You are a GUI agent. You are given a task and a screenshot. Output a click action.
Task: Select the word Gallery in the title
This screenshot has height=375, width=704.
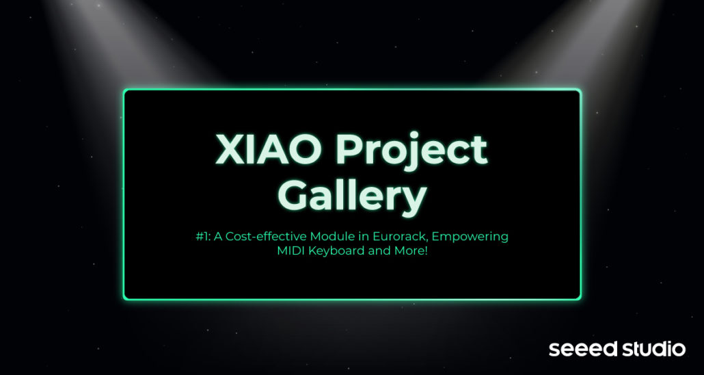pos(352,198)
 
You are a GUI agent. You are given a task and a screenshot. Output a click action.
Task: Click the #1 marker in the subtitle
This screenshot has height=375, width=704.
pos(203,237)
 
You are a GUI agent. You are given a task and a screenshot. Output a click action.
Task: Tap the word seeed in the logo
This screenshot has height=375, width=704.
pos(579,350)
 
